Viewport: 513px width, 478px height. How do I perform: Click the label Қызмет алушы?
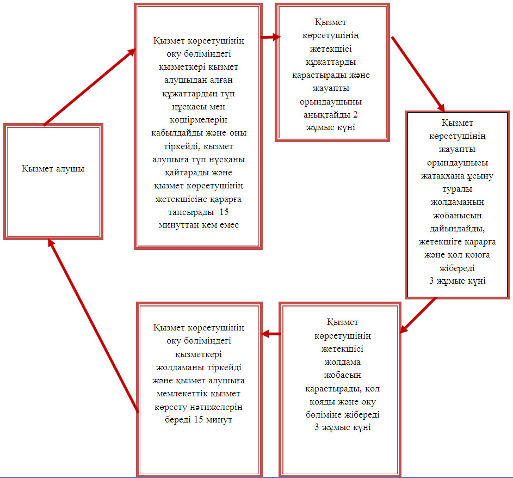coord(53,169)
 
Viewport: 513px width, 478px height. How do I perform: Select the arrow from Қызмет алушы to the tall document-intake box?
coord(90,87)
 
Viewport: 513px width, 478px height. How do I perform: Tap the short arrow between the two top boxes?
coord(270,37)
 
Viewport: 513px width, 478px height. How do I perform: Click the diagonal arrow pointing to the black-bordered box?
coord(418,75)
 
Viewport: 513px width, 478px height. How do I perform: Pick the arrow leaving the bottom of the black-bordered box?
coord(418,315)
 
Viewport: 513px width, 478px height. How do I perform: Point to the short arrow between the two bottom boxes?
coord(271,334)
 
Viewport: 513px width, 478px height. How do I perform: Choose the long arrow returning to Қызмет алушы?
coord(93,326)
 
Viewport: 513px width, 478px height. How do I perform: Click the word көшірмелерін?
coord(198,120)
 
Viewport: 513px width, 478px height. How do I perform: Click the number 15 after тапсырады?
coord(224,212)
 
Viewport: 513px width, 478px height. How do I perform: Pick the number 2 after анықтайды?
coord(355,114)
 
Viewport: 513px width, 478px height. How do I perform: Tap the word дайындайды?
coord(457,229)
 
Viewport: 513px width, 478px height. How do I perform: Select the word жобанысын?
coord(457,216)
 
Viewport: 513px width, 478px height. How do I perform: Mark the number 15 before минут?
coord(199,419)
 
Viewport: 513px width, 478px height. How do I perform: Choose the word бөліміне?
coord(323,415)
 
